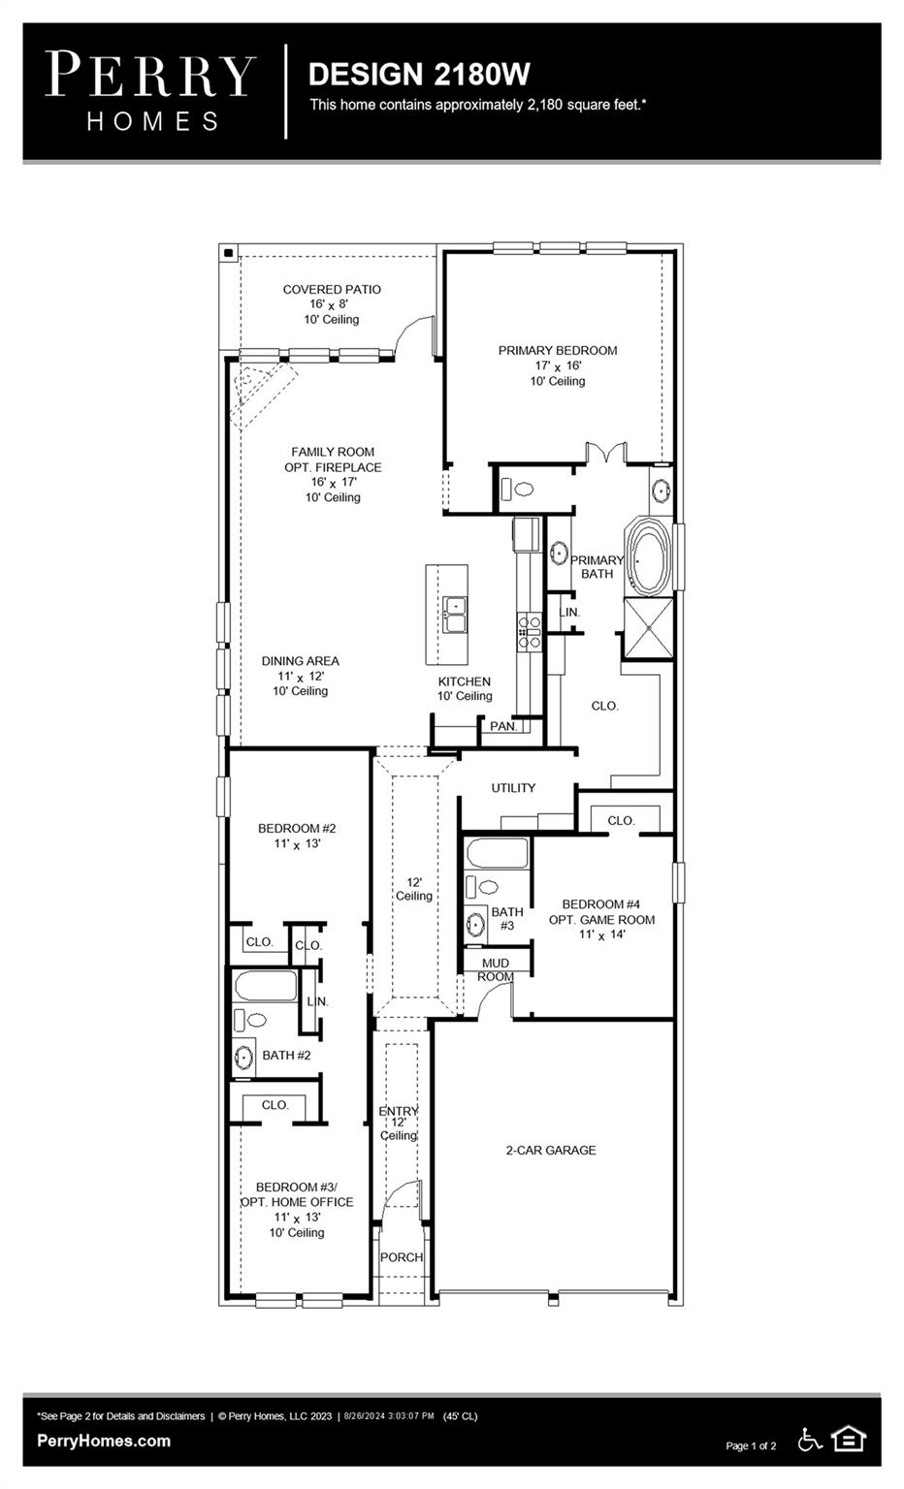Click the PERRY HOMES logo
pyautogui.click(x=150, y=91)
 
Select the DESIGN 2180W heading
pyautogui.click(x=418, y=75)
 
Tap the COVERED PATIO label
pyautogui.click(x=332, y=289)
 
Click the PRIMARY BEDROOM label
pyautogui.click(x=558, y=351)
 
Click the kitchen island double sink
pyautogui.click(x=454, y=615)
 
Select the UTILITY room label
pyautogui.click(x=513, y=788)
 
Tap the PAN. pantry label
pyautogui.click(x=502, y=726)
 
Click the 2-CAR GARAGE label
pyautogui.click(x=551, y=1150)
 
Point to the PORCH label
pyautogui.click(x=401, y=1257)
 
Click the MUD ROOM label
pyautogui.click(x=495, y=969)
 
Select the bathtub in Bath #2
pyautogui.click(x=266, y=986)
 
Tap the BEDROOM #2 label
pyautogui.click(x=297, y=828)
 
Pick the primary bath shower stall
pyautogui.click(x=647, y=627)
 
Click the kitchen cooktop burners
pyautogui.click(x=530, y=630)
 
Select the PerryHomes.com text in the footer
pyautogui.click(x=104, y=1441)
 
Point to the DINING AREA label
pyautogui.click(x=301, y=661)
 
